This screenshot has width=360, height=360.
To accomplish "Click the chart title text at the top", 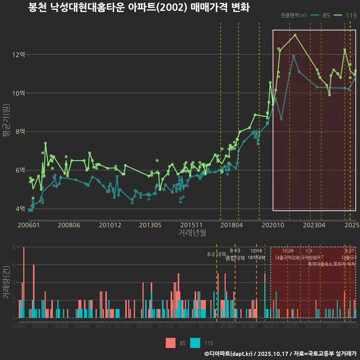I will click(x=139, y=7).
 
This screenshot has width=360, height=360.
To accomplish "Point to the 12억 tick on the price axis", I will click(x=19, y=55).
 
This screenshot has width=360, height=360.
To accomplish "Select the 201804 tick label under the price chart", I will click(x=232, y=225).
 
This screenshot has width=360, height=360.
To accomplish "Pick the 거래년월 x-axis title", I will click(x=192, y=233).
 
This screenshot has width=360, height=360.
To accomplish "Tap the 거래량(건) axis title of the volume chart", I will click(x=6, y=282).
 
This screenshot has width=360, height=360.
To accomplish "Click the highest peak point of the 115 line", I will click(x=295, y=35).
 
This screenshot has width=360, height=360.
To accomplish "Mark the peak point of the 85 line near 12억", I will click(x=294, y=56).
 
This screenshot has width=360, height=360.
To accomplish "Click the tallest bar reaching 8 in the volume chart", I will click(x=24, y=282).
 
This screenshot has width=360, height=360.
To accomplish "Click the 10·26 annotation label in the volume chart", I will click(x=288, y=251).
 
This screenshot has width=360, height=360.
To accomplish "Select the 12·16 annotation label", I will click(x=256, y=251).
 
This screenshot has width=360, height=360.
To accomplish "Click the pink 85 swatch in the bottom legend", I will click(x=171, y=343).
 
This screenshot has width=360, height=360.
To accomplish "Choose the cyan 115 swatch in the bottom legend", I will click(x=195, y=343).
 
